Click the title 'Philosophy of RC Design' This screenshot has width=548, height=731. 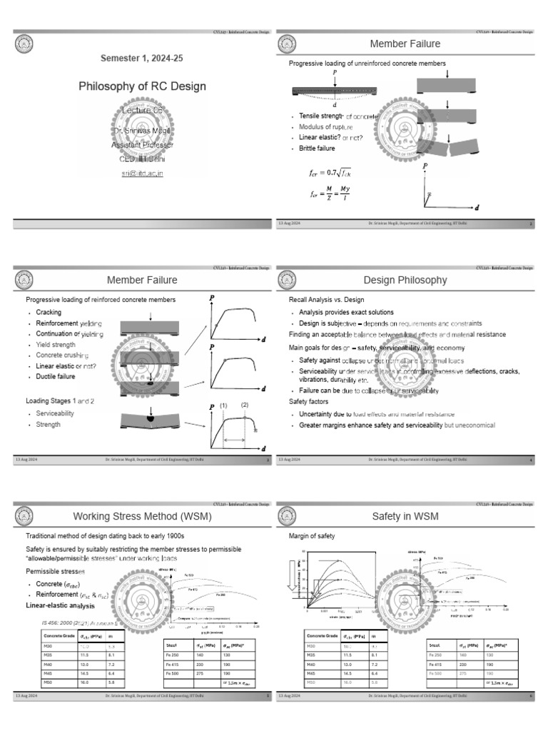click(x=142, y=86)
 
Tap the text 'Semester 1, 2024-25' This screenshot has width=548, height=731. click(x=142, y=56)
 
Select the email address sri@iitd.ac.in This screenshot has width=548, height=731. click(x=142, y=173)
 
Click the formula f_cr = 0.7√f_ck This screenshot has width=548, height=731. click(x=335, y=172)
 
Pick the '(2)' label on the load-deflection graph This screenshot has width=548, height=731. click(x=244, y=405)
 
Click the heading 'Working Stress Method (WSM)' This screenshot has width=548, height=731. click(x=142, y=516)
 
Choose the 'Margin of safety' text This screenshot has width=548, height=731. click(x=313, y=536)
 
